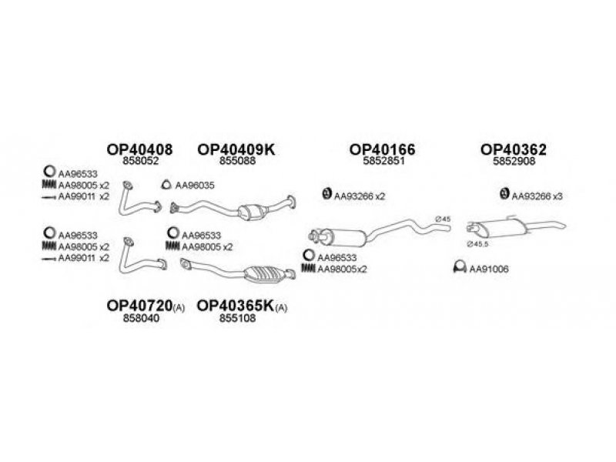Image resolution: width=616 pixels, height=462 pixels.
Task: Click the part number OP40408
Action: point(139,149)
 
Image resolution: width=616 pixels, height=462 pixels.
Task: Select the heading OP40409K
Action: point(236,149)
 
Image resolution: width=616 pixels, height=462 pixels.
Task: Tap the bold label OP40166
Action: point(382,149)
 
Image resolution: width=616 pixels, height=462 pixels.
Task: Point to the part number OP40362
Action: point(514,149)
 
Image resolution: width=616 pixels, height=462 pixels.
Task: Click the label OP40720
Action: point(139,305)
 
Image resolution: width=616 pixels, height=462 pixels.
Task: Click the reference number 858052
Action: point(141,161)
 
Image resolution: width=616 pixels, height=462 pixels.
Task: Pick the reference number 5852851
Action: point(383,161)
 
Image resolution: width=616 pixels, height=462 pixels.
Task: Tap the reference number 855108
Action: point(237,317)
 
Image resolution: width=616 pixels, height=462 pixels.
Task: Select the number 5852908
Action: point(514,161)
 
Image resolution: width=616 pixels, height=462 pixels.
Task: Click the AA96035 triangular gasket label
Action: point(195,185)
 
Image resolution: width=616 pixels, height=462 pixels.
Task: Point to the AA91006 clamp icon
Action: point(460,267)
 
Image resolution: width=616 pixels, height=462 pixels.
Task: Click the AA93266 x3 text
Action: point(537,196)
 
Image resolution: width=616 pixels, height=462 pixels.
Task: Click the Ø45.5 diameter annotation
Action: point(477,244)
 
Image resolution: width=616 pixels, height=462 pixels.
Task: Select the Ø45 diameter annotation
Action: point(443,219)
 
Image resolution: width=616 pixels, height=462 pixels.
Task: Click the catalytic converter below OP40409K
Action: point(252,213)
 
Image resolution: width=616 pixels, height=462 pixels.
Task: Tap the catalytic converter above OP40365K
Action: point(265,273)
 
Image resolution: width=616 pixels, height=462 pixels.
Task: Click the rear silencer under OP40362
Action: point(503,228)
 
